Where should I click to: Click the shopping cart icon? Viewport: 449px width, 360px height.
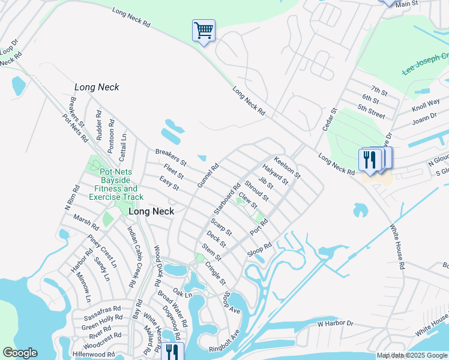(x=204, y=30)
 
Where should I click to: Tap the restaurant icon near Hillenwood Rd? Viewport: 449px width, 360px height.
(x=170, y=351)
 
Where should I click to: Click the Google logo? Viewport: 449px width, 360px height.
(x=20, y=353)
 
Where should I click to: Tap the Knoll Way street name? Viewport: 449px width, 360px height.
(x=426, y=106)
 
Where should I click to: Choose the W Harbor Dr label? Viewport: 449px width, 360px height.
(x=336, y=324)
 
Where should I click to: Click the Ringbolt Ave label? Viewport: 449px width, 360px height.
(x=224, y=339)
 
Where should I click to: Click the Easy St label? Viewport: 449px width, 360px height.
(x=169, y=184)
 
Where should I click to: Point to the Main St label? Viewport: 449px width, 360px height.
(x=423, y=4)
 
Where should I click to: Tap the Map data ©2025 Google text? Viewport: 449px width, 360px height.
(x=412, y=355)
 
